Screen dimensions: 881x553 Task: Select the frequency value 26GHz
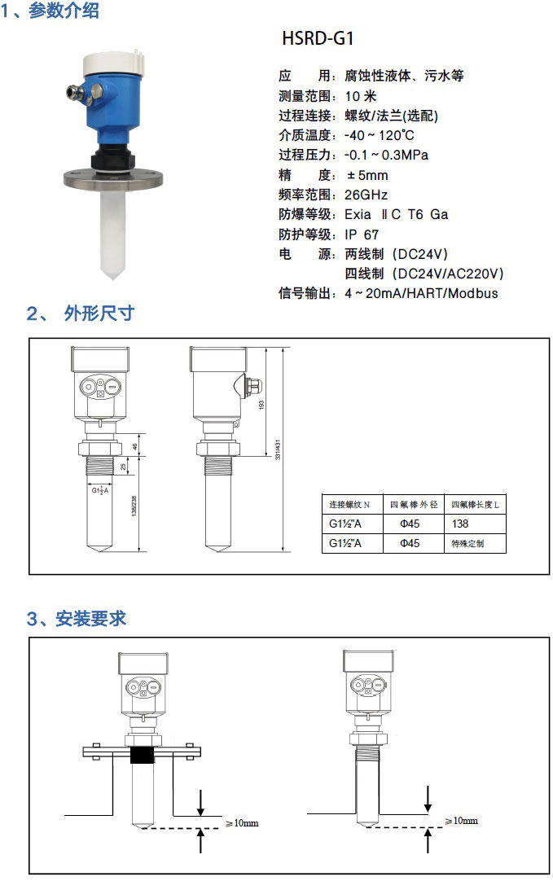point(366,195)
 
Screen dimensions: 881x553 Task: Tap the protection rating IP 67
point(362,234)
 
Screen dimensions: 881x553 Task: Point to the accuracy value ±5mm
point(367,175)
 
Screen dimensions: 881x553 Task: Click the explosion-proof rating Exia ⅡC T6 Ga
point(396,215)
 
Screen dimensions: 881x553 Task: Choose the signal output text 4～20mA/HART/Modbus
point(421,293)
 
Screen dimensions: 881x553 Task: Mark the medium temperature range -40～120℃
point(379,135)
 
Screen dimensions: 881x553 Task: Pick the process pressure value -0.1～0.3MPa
point(386,155)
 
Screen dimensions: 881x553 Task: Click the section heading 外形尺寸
point(99,313)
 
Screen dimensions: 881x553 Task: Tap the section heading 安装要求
point(91,618)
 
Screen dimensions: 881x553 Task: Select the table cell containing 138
point(460,524)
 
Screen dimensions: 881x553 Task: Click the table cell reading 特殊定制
point(467,543)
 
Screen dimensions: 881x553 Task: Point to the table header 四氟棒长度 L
point(475,505)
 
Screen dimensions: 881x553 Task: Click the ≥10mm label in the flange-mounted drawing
point(242,823)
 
